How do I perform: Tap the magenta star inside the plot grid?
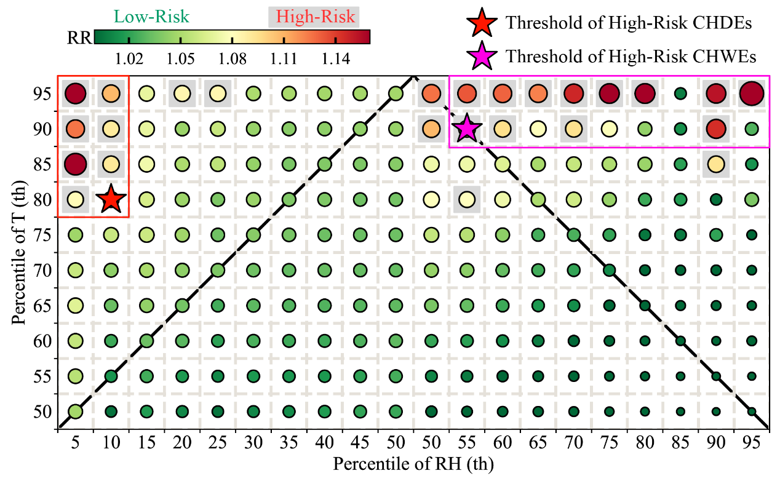point(467,129)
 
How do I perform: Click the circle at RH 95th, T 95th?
point(752,94)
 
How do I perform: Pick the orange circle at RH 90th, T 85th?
point(716,164)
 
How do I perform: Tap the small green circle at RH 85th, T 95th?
point(680,94)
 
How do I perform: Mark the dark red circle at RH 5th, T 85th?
point(75,164)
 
